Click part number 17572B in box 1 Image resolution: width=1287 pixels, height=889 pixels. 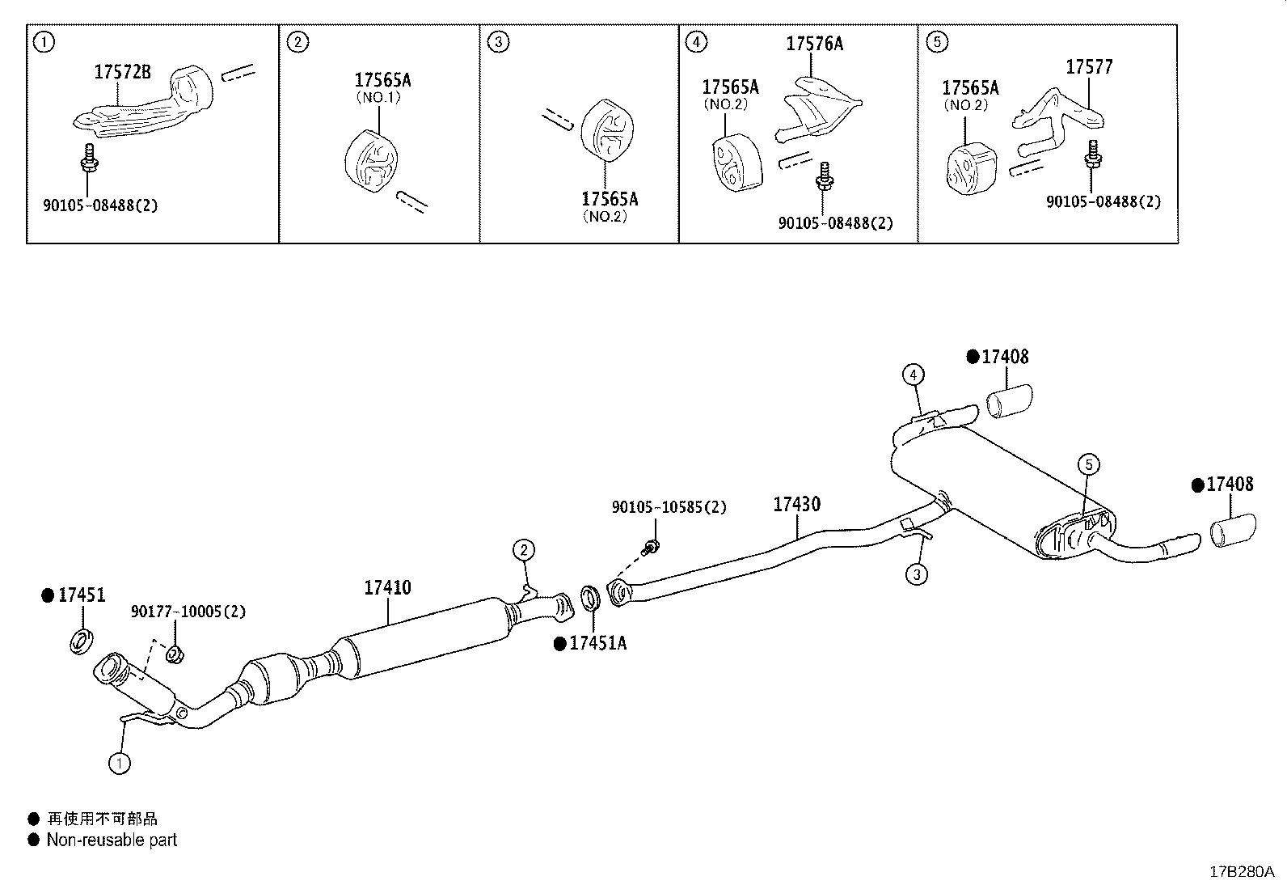(122, 72)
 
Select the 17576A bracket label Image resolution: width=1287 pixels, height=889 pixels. (814, 44)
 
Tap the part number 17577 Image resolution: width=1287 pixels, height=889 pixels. (1089, 67)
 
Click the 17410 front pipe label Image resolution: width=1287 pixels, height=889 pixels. (387, 587)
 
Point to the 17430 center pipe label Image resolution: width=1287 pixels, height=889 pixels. (796, 504)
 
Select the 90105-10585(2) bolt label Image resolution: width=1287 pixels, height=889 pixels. (669, 507)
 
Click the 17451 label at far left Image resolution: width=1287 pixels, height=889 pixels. (81, 595)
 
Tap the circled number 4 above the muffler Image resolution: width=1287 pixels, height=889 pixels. (913, 375)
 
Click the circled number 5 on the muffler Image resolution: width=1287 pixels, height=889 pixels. (1088, 464)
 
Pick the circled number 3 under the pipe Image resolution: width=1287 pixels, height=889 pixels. (916, 574)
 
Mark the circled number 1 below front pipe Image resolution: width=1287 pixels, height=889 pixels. (119, 762)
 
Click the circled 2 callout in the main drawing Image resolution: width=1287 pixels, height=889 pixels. (524, 551)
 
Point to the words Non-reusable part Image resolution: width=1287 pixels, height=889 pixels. (112, 840)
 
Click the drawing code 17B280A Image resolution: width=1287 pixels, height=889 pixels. (1241, 871)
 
